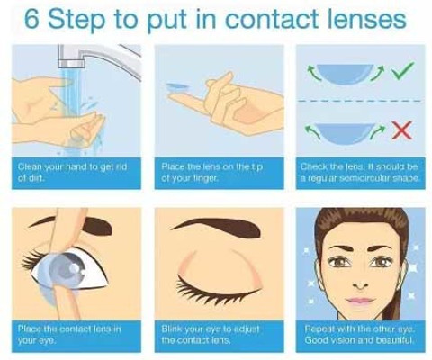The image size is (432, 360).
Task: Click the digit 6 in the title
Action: click(x=31, y=19)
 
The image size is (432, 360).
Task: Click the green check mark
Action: click(x=403, y=71)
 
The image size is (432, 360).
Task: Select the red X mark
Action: click(x=402, y=130)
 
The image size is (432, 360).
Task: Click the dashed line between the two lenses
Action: click(x=360, y=101)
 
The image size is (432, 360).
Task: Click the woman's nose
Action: click(x=361, y=283)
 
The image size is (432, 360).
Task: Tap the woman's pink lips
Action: click(x=360, y=301)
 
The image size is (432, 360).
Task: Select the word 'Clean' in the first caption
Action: click(x=30, y=166)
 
